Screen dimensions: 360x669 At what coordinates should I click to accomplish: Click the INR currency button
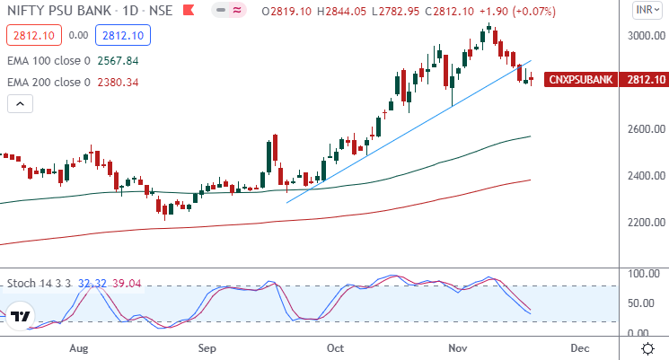[x=645, y=11]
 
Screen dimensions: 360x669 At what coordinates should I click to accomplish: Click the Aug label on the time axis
[x=78, y=347]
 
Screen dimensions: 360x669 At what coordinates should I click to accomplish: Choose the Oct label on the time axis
[x=336, y=347]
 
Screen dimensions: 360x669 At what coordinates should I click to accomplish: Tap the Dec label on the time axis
[x=579, y=347]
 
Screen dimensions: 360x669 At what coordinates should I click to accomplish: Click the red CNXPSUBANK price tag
[x=581, y=79]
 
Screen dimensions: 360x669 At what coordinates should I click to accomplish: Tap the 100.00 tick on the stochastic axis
[x=646, y=273]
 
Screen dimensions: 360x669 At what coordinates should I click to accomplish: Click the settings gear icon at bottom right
[x=647, y=347]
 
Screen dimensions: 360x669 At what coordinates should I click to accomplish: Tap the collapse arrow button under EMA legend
[x=20, y=104]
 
